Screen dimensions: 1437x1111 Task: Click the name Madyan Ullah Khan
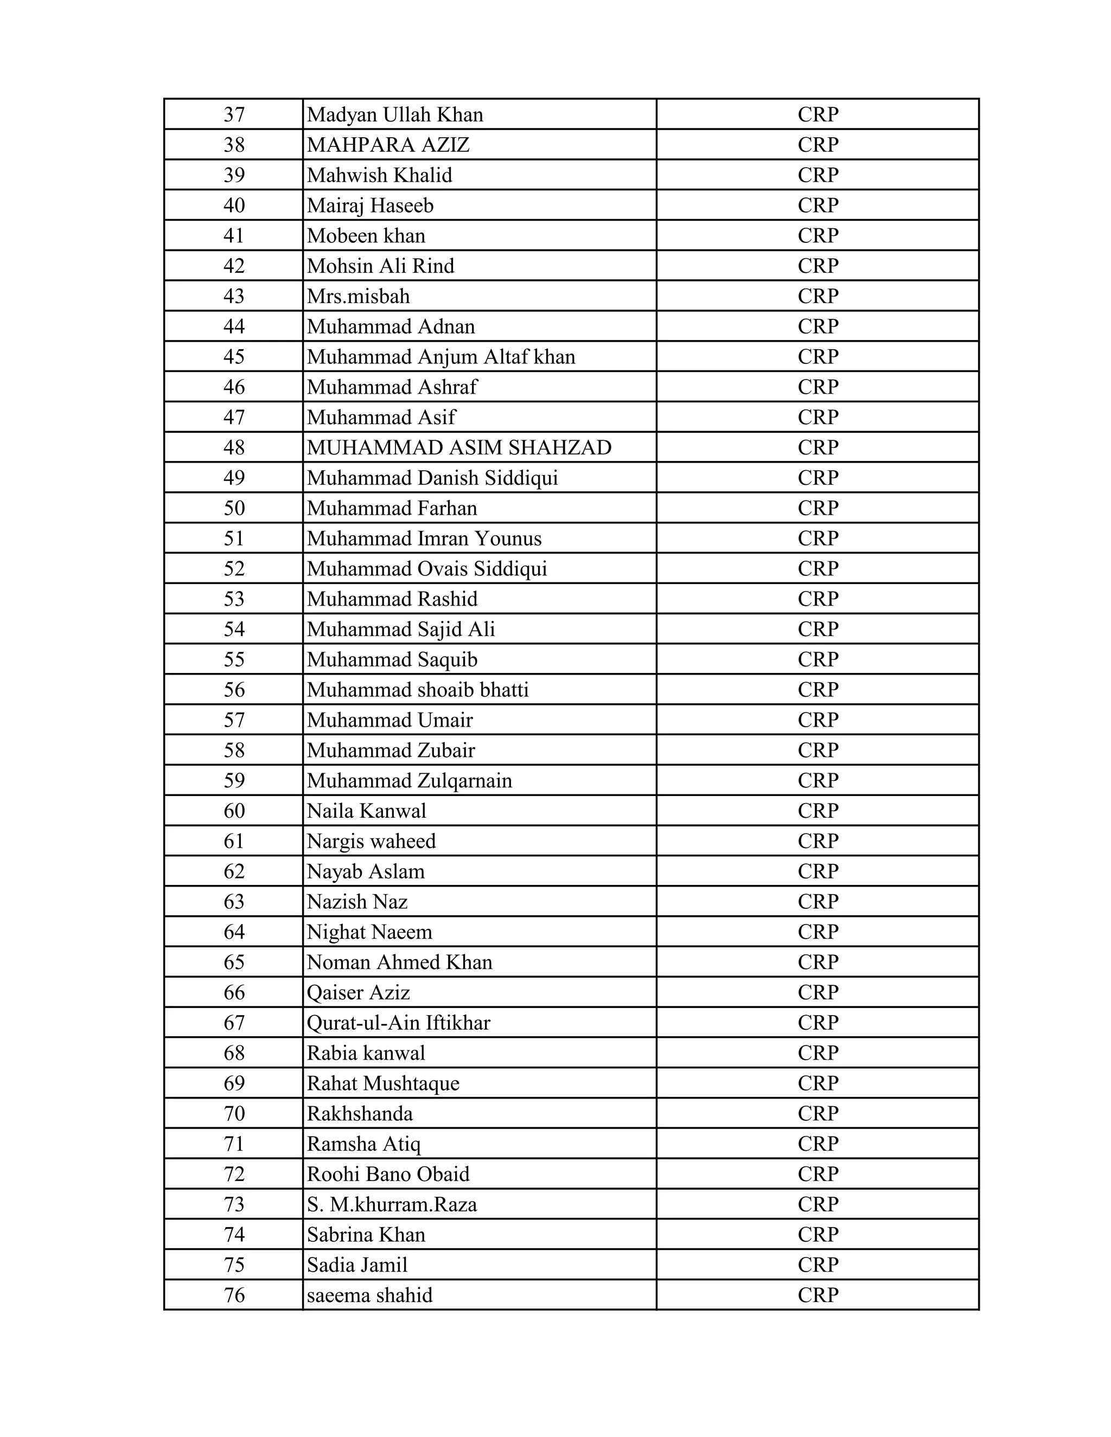(x=395, y=115)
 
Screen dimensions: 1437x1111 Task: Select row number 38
(x=234, y=145)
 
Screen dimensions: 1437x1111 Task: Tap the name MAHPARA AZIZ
(x=388, y=145)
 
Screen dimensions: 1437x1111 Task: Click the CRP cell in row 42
(x=818, y=266)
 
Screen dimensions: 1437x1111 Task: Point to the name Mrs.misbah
(x=358, y=296)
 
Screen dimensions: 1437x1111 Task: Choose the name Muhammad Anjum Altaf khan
(x=440, y=357)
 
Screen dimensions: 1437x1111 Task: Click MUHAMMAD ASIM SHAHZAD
(x=459, y=447)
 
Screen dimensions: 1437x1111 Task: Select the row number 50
(x=234, y=508)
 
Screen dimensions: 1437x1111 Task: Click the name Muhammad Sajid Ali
(x=400, y=629)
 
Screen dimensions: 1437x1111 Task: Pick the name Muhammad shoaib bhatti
(x=417, y=690)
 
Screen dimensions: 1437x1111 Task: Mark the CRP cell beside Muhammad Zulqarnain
(x=818, y=780)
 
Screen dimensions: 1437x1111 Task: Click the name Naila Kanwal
(x=366, y=811)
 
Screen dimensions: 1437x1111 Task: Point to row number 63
(x=234, y=901)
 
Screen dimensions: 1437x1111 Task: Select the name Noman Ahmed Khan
(x=399, y=962)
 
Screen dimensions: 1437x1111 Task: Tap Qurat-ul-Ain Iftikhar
(x=398, y=1023)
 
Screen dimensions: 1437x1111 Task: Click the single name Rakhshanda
(x=359, y=1113)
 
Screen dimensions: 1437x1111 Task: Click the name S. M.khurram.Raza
(x=392, y=1204)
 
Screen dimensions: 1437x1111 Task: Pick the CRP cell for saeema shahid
(x=818, y=1295)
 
